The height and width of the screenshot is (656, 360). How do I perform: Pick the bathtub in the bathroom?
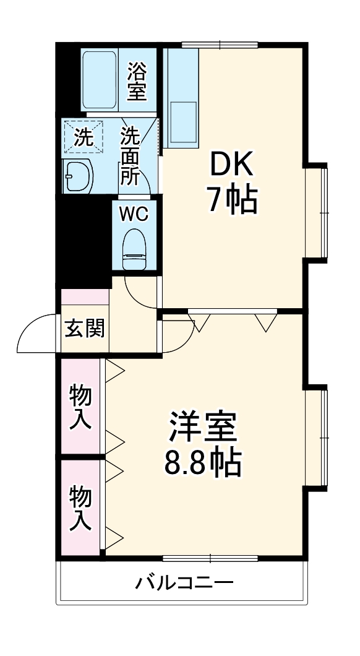pos(100,80)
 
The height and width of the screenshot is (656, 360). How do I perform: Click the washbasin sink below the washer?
pos(78,176)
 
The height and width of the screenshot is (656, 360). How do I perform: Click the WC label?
pos(134,214)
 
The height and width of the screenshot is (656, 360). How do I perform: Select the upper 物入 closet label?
pos(81,407)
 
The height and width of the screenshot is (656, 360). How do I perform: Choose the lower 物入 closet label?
pos(81,507)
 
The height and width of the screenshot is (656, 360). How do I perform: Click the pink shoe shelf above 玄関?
pos(85,296)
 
